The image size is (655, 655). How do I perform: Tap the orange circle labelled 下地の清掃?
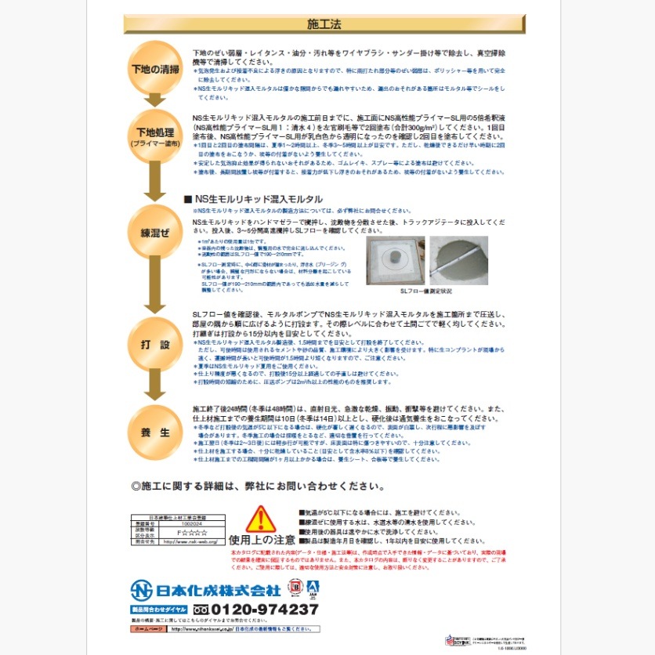(x=154, y=69)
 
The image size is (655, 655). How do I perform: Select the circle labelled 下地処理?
(x=154, y=138)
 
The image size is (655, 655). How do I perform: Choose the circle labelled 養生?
(x=154, y=432)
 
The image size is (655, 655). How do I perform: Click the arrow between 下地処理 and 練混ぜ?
(x=154, y=185)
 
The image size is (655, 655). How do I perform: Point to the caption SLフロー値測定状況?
(x=426, y=291)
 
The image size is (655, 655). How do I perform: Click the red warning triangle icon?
(x=261, y=519)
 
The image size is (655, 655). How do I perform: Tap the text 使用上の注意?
(x=262, y=540)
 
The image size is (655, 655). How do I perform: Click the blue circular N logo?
(x=142, y=589)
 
